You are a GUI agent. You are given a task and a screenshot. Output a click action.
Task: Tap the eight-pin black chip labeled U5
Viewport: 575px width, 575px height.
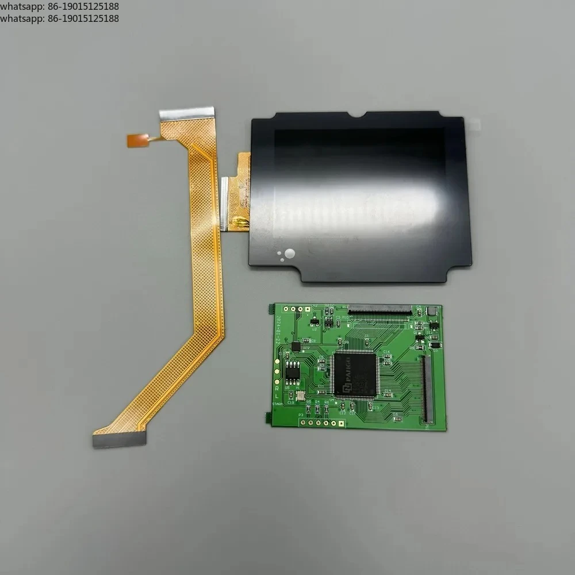[x=293, y=371]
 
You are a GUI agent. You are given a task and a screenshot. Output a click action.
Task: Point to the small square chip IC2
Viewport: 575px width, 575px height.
[x=297, y=346]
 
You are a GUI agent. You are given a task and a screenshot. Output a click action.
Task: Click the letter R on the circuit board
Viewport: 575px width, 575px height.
[x=277, y=389]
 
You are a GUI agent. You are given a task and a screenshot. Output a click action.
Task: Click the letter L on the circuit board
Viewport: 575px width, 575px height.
[x=277, y=397]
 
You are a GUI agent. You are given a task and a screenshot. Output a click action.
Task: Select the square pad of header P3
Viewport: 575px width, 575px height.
[x=340, y=423]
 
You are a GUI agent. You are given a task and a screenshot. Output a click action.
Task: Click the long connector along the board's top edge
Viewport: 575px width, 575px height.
[x=380, y=310]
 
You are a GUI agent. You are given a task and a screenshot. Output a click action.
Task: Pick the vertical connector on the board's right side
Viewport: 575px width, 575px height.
[x=426, y=389]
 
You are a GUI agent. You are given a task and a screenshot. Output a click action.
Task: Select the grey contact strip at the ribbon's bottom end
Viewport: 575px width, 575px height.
[x=119, y=440]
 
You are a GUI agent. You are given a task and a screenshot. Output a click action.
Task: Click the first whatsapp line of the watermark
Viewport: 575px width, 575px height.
[x=60, y=6]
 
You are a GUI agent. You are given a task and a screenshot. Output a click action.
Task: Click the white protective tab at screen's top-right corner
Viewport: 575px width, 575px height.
[x=474, y=124]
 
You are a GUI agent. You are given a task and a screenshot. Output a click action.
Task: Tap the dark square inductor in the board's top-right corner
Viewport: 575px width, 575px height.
[x=432, y=311]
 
